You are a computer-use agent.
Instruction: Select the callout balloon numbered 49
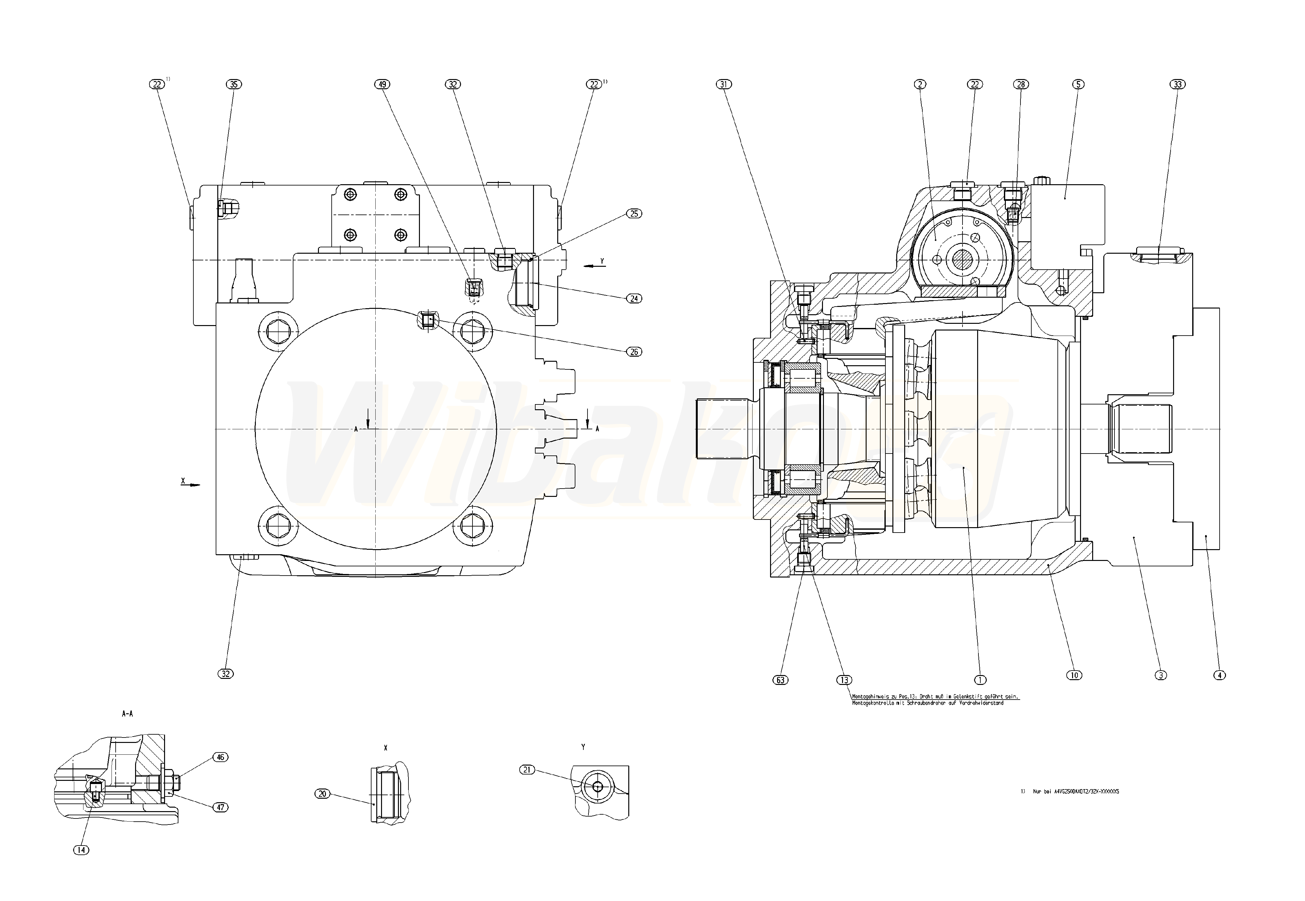coord(383,84)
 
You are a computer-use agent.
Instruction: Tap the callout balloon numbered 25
coord(634,214)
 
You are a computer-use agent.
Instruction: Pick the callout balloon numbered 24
coord(634,298)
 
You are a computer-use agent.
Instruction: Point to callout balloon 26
coord(634,352)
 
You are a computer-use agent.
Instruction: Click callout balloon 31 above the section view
coord(724,84)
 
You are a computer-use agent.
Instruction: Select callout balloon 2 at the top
coord(920,84)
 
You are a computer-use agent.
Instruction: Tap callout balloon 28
coord(1020,84)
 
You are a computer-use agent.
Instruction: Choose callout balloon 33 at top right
coord(1178,84)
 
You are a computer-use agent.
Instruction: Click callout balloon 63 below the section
coord(780,680)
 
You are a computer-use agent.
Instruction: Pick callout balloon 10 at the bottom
coord(1074,675)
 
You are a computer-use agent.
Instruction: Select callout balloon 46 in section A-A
coord(220,757)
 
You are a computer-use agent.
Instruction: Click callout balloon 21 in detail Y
coord(527,769)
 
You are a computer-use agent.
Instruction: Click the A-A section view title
coord(127,714)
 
